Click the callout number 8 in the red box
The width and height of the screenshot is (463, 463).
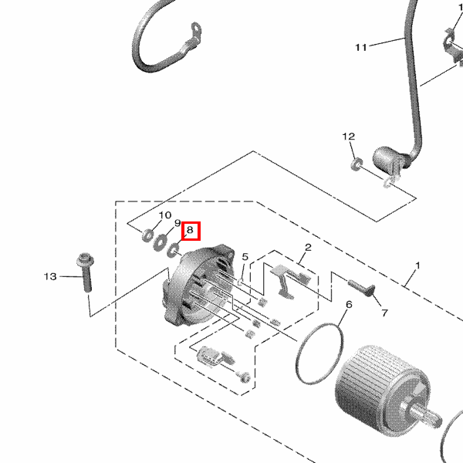click(x=190, y=229)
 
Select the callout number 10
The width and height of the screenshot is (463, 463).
click(x=165, y=215)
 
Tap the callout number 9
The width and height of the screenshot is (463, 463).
click(x=177, y=223)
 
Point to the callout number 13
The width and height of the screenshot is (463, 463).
click(x=50, y=277)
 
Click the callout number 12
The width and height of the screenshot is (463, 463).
click(x=349, y=137)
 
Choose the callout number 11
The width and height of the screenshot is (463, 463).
click(x=361, y=47)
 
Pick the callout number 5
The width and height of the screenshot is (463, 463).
click(x=245, y=257)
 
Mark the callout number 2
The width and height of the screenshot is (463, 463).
click(x=308, y=248)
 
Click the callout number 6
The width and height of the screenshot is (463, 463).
click(x=349, y=304)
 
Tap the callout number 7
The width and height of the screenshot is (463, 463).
click(x=384, y=313)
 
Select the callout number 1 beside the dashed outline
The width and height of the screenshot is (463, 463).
click(x=417, y=265)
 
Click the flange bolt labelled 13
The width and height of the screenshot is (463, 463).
click(x=86, y=272)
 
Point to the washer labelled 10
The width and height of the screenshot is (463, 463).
click(x=147, y=235)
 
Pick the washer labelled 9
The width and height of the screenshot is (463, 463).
click(x=160, y=243)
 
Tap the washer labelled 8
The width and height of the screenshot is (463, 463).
click(x=173, y=250)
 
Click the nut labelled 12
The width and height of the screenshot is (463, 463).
click(x=357, y=164)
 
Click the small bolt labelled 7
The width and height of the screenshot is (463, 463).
click(x=361, y=287)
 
